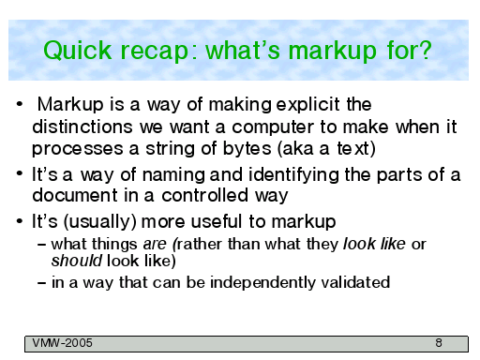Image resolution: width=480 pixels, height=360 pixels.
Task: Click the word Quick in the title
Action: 78,51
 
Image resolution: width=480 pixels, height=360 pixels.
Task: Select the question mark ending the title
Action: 425,50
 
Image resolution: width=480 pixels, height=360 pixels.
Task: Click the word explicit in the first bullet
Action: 307,105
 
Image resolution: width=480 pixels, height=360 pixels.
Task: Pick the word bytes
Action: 247,148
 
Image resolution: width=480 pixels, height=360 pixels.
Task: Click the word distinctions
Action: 82,127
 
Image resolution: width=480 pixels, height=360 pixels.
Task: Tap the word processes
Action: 78,149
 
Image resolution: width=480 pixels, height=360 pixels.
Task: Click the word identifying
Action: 293,175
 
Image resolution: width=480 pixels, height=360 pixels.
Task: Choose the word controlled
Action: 205,195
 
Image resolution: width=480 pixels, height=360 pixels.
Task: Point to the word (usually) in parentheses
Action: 100,222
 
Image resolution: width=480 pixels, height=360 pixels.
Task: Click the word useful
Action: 217,221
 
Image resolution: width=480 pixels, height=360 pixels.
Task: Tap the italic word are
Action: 155,244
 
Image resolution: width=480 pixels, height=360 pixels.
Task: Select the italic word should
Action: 77,261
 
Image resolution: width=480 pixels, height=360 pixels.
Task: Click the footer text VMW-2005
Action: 63,343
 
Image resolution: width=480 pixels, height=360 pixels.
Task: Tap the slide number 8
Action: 439,343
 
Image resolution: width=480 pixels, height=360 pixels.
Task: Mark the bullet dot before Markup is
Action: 20,104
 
